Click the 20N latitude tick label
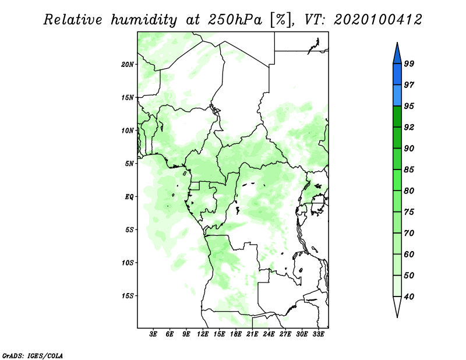tap(128, 65)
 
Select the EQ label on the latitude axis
tap(129, 197)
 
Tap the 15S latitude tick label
tap(128, 296)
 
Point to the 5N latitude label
tap(129, 164)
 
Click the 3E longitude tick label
tap(153, 334)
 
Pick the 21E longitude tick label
tap(252, 334)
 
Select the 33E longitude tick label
tap(318, 334)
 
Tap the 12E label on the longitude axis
tap(203, 334)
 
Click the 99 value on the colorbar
tap(409, 63)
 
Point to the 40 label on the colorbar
tap(409, 297)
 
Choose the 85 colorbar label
tap(409, 170)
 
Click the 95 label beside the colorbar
tap(409, 106)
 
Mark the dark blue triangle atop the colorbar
tap(397, 54)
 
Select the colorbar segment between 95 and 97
tap(397, 96)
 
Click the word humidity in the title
tap(143, 20)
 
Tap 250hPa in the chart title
tap(235, 20)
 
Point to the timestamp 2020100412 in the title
tap(377, 20)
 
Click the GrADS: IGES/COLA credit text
tap(33, 355)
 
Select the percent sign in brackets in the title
tap(280, 20)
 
